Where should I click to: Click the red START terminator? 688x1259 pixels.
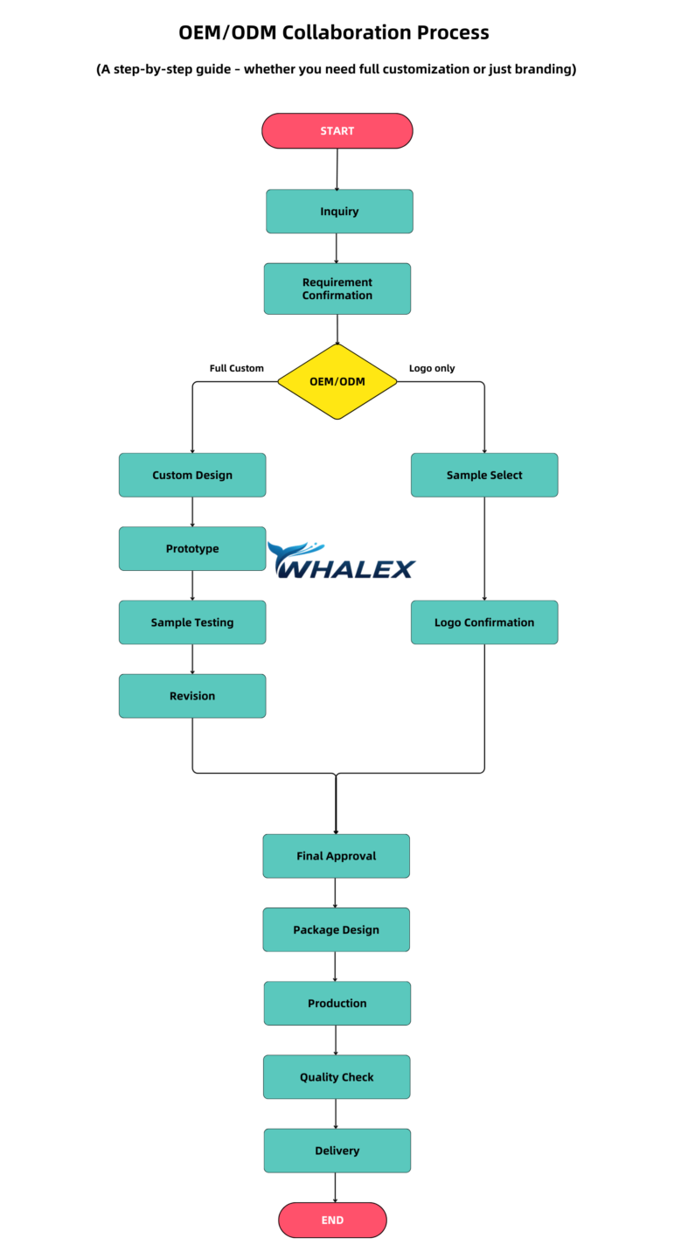click(x=337, y=131)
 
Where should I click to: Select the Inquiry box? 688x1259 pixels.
click(x=339, y=212)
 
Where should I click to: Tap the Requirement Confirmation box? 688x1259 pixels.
click(x=337, y=289)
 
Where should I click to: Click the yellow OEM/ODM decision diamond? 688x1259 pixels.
click(x=337, y=381)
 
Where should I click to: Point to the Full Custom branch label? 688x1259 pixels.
click(x=236, y=368)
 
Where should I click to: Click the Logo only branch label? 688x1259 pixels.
click(x=432, y=368)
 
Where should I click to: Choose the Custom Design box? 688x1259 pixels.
click(x=192, y=475)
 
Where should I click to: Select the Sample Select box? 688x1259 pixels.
click(x=484, y=475)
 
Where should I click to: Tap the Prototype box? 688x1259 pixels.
click(x=192, y=548)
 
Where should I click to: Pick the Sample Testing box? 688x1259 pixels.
click(x=192, y=623)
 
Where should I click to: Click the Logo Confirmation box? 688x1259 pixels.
click(x=484, y=623)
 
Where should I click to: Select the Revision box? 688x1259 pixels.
click(x=192, y=696)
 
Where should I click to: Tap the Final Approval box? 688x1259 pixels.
click(x=337, y=856)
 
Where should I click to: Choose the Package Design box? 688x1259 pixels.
click(x=337, y=929)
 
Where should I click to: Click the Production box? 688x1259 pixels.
click(x=337, y=1003)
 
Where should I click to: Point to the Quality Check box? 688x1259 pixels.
click(x=337, y=1077)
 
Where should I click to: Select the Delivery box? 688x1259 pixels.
click(x=337, y=1151)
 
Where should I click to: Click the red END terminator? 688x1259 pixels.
click(x=332, y=1220)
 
